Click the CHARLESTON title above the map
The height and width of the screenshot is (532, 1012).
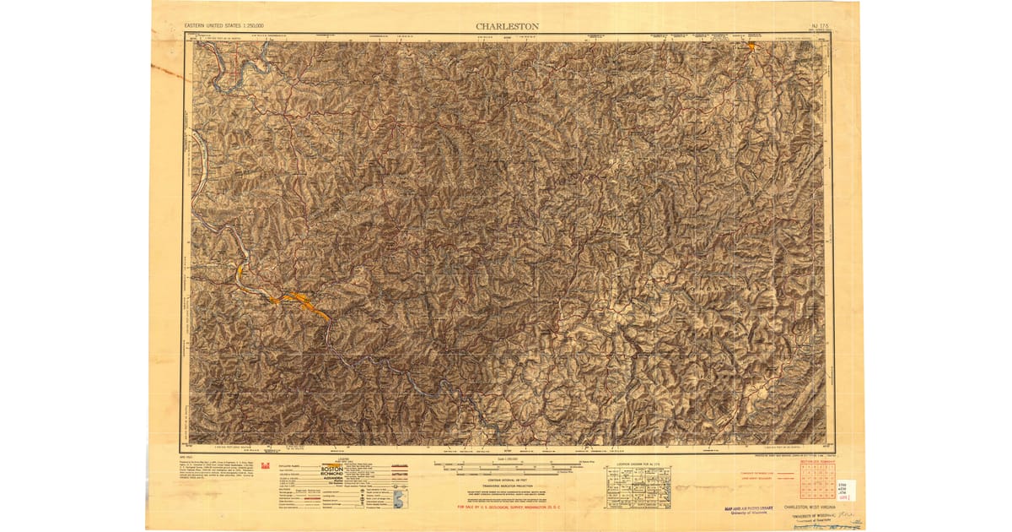(x=507, y=26)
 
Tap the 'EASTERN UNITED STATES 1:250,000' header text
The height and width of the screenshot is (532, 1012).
(x=223, y=27)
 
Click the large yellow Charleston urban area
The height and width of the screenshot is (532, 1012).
(x=300, y=299)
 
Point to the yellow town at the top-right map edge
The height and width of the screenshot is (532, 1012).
(x=750, y=46)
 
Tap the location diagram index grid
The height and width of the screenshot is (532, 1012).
(x=634, y=486)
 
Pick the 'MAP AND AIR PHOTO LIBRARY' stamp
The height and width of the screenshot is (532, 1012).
(x=739, y=508)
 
